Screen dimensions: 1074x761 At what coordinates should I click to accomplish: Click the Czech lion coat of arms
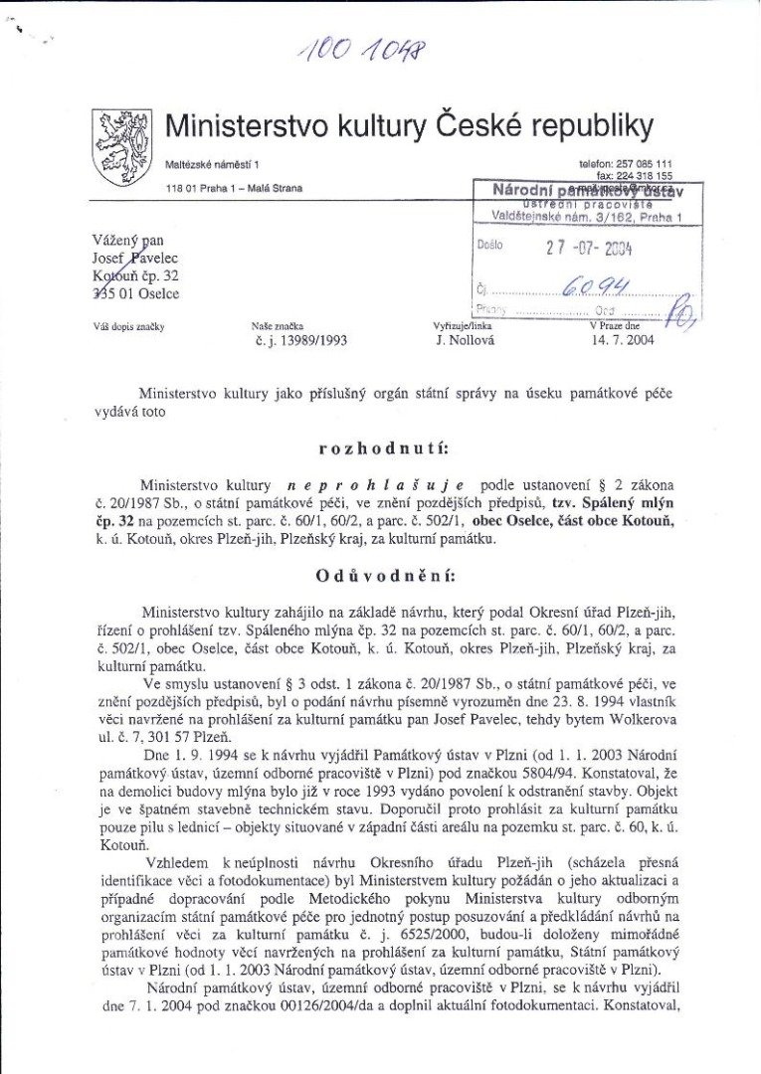click(122, 147)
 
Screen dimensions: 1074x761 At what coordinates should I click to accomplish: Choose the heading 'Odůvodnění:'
click(380, 575)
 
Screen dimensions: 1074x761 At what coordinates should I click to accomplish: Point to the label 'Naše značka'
click(278, 325)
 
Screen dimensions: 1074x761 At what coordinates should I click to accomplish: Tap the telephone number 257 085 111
click(644, 163)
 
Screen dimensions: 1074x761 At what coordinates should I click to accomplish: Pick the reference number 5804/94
click(568, 770)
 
